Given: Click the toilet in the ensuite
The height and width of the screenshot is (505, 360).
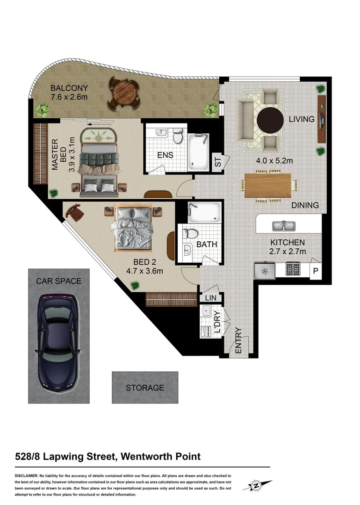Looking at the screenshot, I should (178, 137).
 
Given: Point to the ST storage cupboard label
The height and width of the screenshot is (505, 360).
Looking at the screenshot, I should (217, 162).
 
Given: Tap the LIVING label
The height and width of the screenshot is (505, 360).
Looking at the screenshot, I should (302, 119).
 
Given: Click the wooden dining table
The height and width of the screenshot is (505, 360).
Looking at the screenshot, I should (268, 186).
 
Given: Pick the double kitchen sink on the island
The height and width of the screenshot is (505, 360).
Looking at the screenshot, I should (284, 226).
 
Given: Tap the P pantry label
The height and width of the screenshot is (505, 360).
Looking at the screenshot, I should (315, 271).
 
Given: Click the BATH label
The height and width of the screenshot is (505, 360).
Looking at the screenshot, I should (206, 244).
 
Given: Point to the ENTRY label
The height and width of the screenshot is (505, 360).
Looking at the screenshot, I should (238, 340).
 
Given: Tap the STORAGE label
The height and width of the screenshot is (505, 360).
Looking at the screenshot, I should (145, 388).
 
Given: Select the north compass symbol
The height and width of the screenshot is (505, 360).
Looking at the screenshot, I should (256, 486).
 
